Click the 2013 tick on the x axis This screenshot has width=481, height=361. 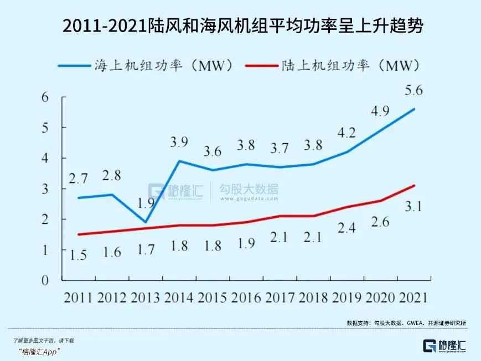click(x=146, y=297)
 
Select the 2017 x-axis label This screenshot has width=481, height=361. click(x=280, y=297)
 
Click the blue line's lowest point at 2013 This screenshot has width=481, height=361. click(x=146, y=222)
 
